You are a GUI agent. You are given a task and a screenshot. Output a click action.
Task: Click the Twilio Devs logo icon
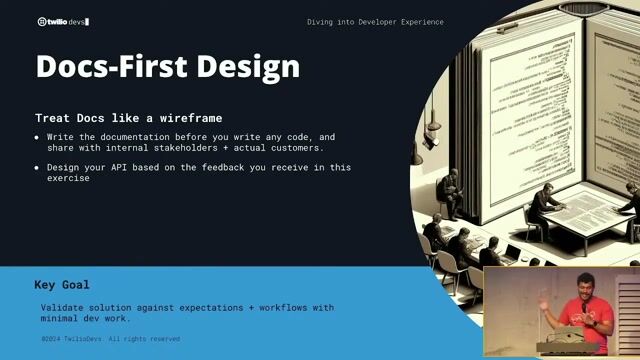(41, 20)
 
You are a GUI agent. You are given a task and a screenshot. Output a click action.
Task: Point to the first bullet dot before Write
(37, 137)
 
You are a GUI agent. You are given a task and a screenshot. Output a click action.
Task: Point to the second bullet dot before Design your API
(37, 167)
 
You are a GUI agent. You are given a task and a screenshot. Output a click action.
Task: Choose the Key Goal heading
(62, 283)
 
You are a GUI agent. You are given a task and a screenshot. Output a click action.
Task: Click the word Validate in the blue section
(65, 307)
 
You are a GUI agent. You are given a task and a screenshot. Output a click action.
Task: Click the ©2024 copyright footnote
(110, 339)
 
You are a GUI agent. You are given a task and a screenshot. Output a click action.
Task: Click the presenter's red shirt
(585, 318)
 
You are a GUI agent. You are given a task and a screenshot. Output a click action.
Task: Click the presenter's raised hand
(542, 300)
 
